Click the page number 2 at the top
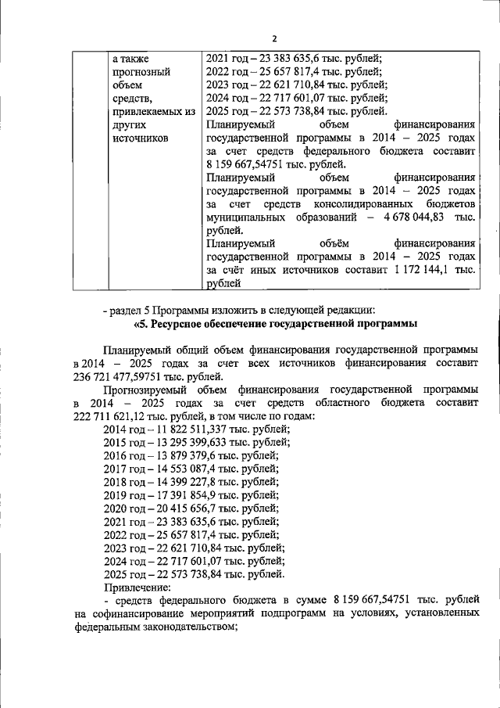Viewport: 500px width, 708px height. (274, 38)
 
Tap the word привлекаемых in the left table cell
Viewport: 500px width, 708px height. (153, 111)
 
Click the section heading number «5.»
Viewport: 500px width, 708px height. (141, 323)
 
